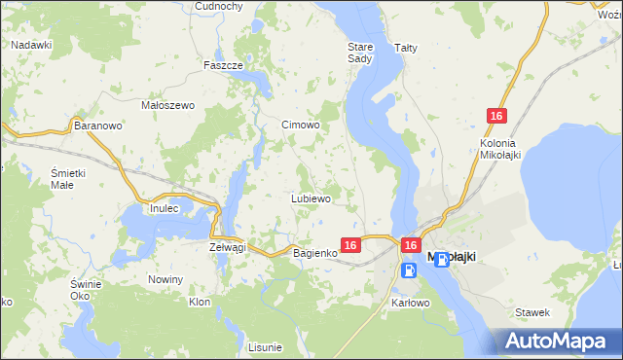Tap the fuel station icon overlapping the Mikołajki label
pyautogui.click(x=442, y=259)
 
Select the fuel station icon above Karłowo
pyautogui.click(x=408, y=270)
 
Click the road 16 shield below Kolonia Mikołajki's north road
pyautogui.click(x=496, y=117)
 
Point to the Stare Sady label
pyautogui.click(x=360, y=53)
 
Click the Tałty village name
pyautogui.click(x=405, y=47)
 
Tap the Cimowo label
pyautogui.click(x=300, y=125)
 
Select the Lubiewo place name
pyautogui.click(x=311, y=198)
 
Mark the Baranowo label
pyautogui.click(x=98, y=126)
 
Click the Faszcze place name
pyautogui.click(x=222, y=65)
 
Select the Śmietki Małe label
pyautogui.click(x=69, y=179)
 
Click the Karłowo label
pyautogui.click(x=410, y=303)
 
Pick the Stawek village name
pyautogui.click(x=533, y=312)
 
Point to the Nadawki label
pyautogui.click(x=32, y=45)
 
